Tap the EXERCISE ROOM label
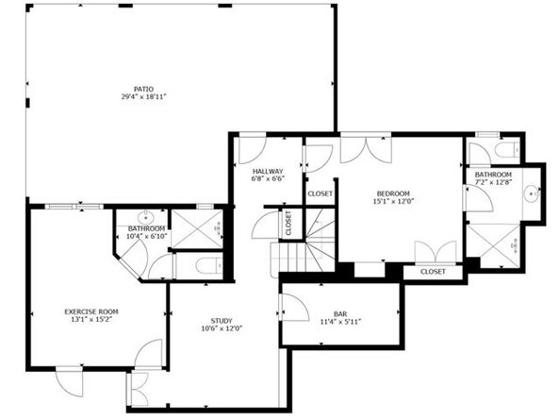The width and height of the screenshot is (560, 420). click(91, 311)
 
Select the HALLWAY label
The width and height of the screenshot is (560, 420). click(268, 171)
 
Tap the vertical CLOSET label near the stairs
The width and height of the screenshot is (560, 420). click(288, 223)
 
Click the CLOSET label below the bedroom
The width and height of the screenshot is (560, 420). click(433, 272)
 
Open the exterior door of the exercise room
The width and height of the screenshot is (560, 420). click(69, 382)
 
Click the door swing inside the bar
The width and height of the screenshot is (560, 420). click(291, 305)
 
